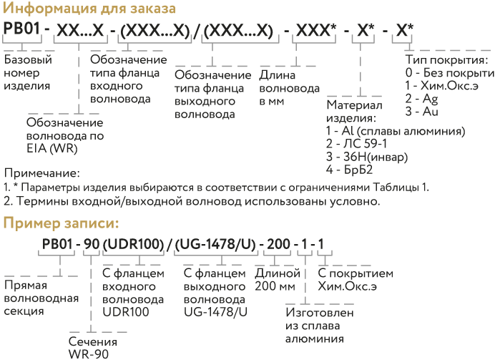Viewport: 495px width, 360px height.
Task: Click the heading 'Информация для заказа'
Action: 89,9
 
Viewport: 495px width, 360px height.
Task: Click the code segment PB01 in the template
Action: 21,29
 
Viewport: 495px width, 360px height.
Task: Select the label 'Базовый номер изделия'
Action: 28,72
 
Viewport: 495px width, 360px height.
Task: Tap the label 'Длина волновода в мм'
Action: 290,88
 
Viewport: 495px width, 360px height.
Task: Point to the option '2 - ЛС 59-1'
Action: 356,144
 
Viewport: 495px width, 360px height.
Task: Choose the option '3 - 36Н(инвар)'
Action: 367,157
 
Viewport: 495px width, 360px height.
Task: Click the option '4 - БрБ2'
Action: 350,170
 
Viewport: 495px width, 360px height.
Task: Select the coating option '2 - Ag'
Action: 422,99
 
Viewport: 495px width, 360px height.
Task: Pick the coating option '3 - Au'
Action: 422,112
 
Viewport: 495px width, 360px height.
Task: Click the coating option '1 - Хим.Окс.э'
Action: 442,86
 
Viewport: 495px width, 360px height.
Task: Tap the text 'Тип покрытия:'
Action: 447,59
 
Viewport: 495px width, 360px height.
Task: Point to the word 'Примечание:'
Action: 42,173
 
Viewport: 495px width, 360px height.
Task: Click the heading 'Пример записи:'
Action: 61,223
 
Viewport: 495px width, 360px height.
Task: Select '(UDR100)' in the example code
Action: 134,244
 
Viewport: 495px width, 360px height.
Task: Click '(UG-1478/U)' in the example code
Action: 215,244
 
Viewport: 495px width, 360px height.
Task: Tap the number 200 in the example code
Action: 279,244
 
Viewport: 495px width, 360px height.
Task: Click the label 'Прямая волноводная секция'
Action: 41,298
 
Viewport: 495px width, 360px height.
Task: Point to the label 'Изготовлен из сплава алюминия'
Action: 320,326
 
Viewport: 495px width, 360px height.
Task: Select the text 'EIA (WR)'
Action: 52,148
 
